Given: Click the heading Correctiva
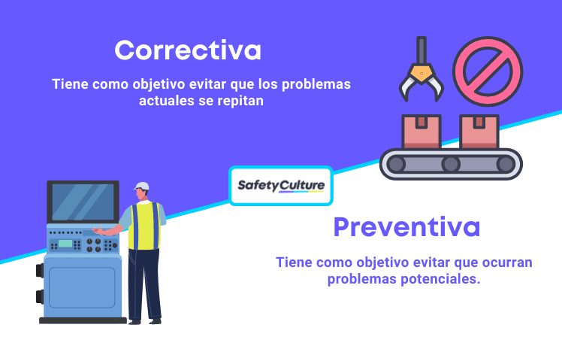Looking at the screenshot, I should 188,50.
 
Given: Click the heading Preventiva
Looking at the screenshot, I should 406,227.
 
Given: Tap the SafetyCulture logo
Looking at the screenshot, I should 280,186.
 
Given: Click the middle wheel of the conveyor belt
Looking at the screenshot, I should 450,164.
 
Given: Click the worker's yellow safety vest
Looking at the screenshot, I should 144,225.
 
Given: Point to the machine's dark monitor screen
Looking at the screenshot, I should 83,202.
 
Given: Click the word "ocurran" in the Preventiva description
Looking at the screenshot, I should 506,262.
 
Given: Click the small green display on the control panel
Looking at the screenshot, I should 65,244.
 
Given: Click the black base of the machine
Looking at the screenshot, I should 83,320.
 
